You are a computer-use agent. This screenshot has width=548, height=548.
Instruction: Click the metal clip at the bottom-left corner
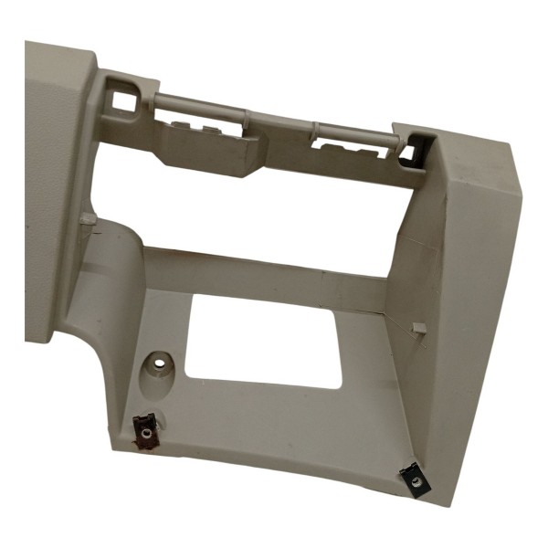(144, 429)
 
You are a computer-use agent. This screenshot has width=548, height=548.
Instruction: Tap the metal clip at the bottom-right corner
(415, 478)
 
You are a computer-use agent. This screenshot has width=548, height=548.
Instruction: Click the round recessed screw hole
(160, 364)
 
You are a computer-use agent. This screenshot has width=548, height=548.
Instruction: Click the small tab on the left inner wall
(87, 219)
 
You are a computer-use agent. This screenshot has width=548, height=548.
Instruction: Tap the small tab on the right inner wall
(418, 327)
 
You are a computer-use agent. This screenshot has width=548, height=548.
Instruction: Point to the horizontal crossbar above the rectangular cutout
(265, 279)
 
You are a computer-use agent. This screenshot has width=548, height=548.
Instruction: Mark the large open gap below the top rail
(256, 215)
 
